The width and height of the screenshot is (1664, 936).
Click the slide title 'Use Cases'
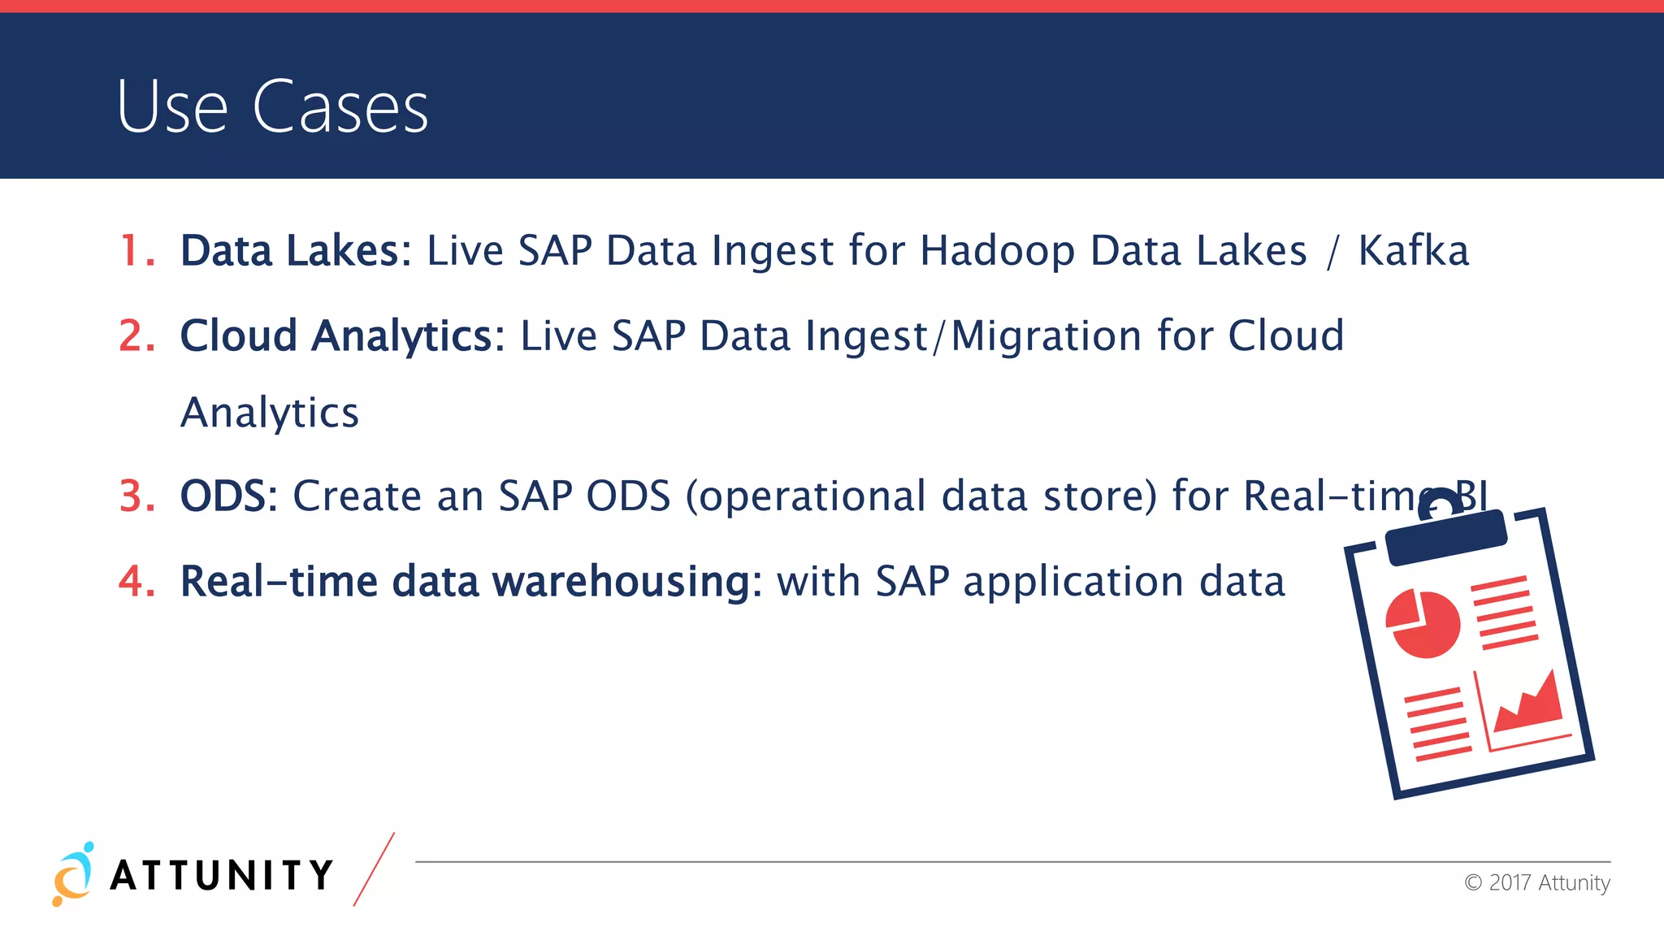(x=272, y=106)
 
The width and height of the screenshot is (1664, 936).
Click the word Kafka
(x=1414, y=250)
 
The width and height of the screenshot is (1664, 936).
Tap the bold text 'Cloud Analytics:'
(x=342, y=336)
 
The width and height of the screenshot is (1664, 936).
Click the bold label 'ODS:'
(x=228, y=496)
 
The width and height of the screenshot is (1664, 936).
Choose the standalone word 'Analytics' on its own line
(x=269, y=413)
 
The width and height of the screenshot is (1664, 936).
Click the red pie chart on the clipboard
(x=1423, y=624)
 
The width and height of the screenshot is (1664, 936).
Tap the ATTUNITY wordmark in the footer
(x=222, y=876)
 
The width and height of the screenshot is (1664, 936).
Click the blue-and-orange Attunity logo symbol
(x=73, y=874)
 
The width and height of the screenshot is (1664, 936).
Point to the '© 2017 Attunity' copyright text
(x=1536, y=882)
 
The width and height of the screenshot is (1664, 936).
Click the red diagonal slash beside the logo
(x=374, y=869)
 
